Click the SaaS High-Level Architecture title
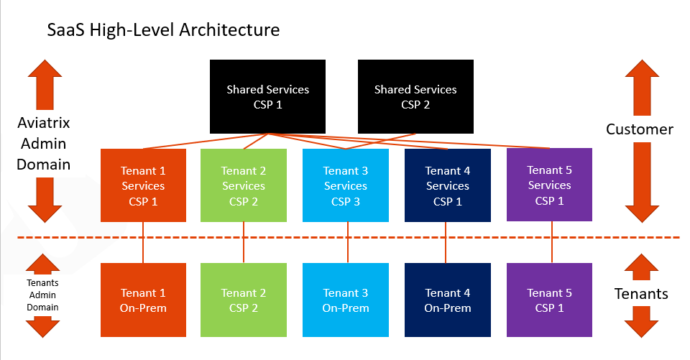163,30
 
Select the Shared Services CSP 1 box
267,97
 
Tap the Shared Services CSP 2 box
415,97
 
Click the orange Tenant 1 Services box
143,185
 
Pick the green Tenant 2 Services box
244,185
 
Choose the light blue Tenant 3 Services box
346,185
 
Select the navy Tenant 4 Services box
448,185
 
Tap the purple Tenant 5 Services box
550,185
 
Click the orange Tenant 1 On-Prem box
143,300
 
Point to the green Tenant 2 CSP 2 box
244,300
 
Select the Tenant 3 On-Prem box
346,300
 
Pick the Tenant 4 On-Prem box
448,300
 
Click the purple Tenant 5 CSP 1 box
550,300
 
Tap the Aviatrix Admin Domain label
44,144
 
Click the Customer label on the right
640,129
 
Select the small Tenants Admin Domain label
43,295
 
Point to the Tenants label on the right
640,293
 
